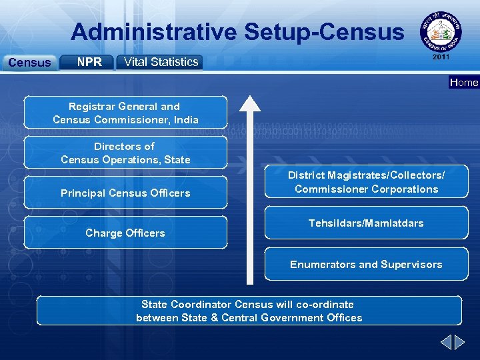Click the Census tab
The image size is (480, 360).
tap(29, 63)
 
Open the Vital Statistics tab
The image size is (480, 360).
tap(159, 62)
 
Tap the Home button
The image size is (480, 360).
tap(464, 83)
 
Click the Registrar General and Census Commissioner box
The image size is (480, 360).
tap(125, 113)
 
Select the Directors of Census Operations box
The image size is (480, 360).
tap(125, 153)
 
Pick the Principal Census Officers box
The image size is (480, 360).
tap(125, 193)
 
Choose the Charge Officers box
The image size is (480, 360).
tap(125, 233)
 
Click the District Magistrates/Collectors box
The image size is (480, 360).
tap(366, 182)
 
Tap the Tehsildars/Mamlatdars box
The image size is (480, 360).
tap(366, 223)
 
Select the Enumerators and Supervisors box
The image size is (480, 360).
tap(366, 264)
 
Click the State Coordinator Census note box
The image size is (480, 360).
tap(249, 311)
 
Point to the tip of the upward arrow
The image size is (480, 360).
tap(250, 97)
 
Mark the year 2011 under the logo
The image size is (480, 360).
tap(441, 57)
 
